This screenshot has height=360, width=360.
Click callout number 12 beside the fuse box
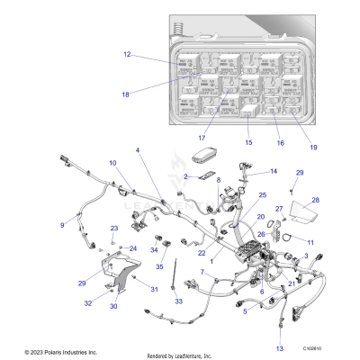point(127,56)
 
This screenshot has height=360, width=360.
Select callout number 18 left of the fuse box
point(126,94)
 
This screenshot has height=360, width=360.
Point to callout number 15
point(248,142)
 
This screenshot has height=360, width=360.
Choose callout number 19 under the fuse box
point(314,146)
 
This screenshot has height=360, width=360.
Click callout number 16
point(279,142)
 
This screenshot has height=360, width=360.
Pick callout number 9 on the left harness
point(62,224)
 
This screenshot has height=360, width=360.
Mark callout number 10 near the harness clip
point(112,163)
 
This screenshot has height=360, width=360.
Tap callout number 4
point(138,149)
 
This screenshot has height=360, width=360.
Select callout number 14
point(274,171)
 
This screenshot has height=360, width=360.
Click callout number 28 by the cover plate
point(315,201)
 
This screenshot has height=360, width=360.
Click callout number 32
point(88,304)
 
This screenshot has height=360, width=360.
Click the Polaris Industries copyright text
point(49,352)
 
